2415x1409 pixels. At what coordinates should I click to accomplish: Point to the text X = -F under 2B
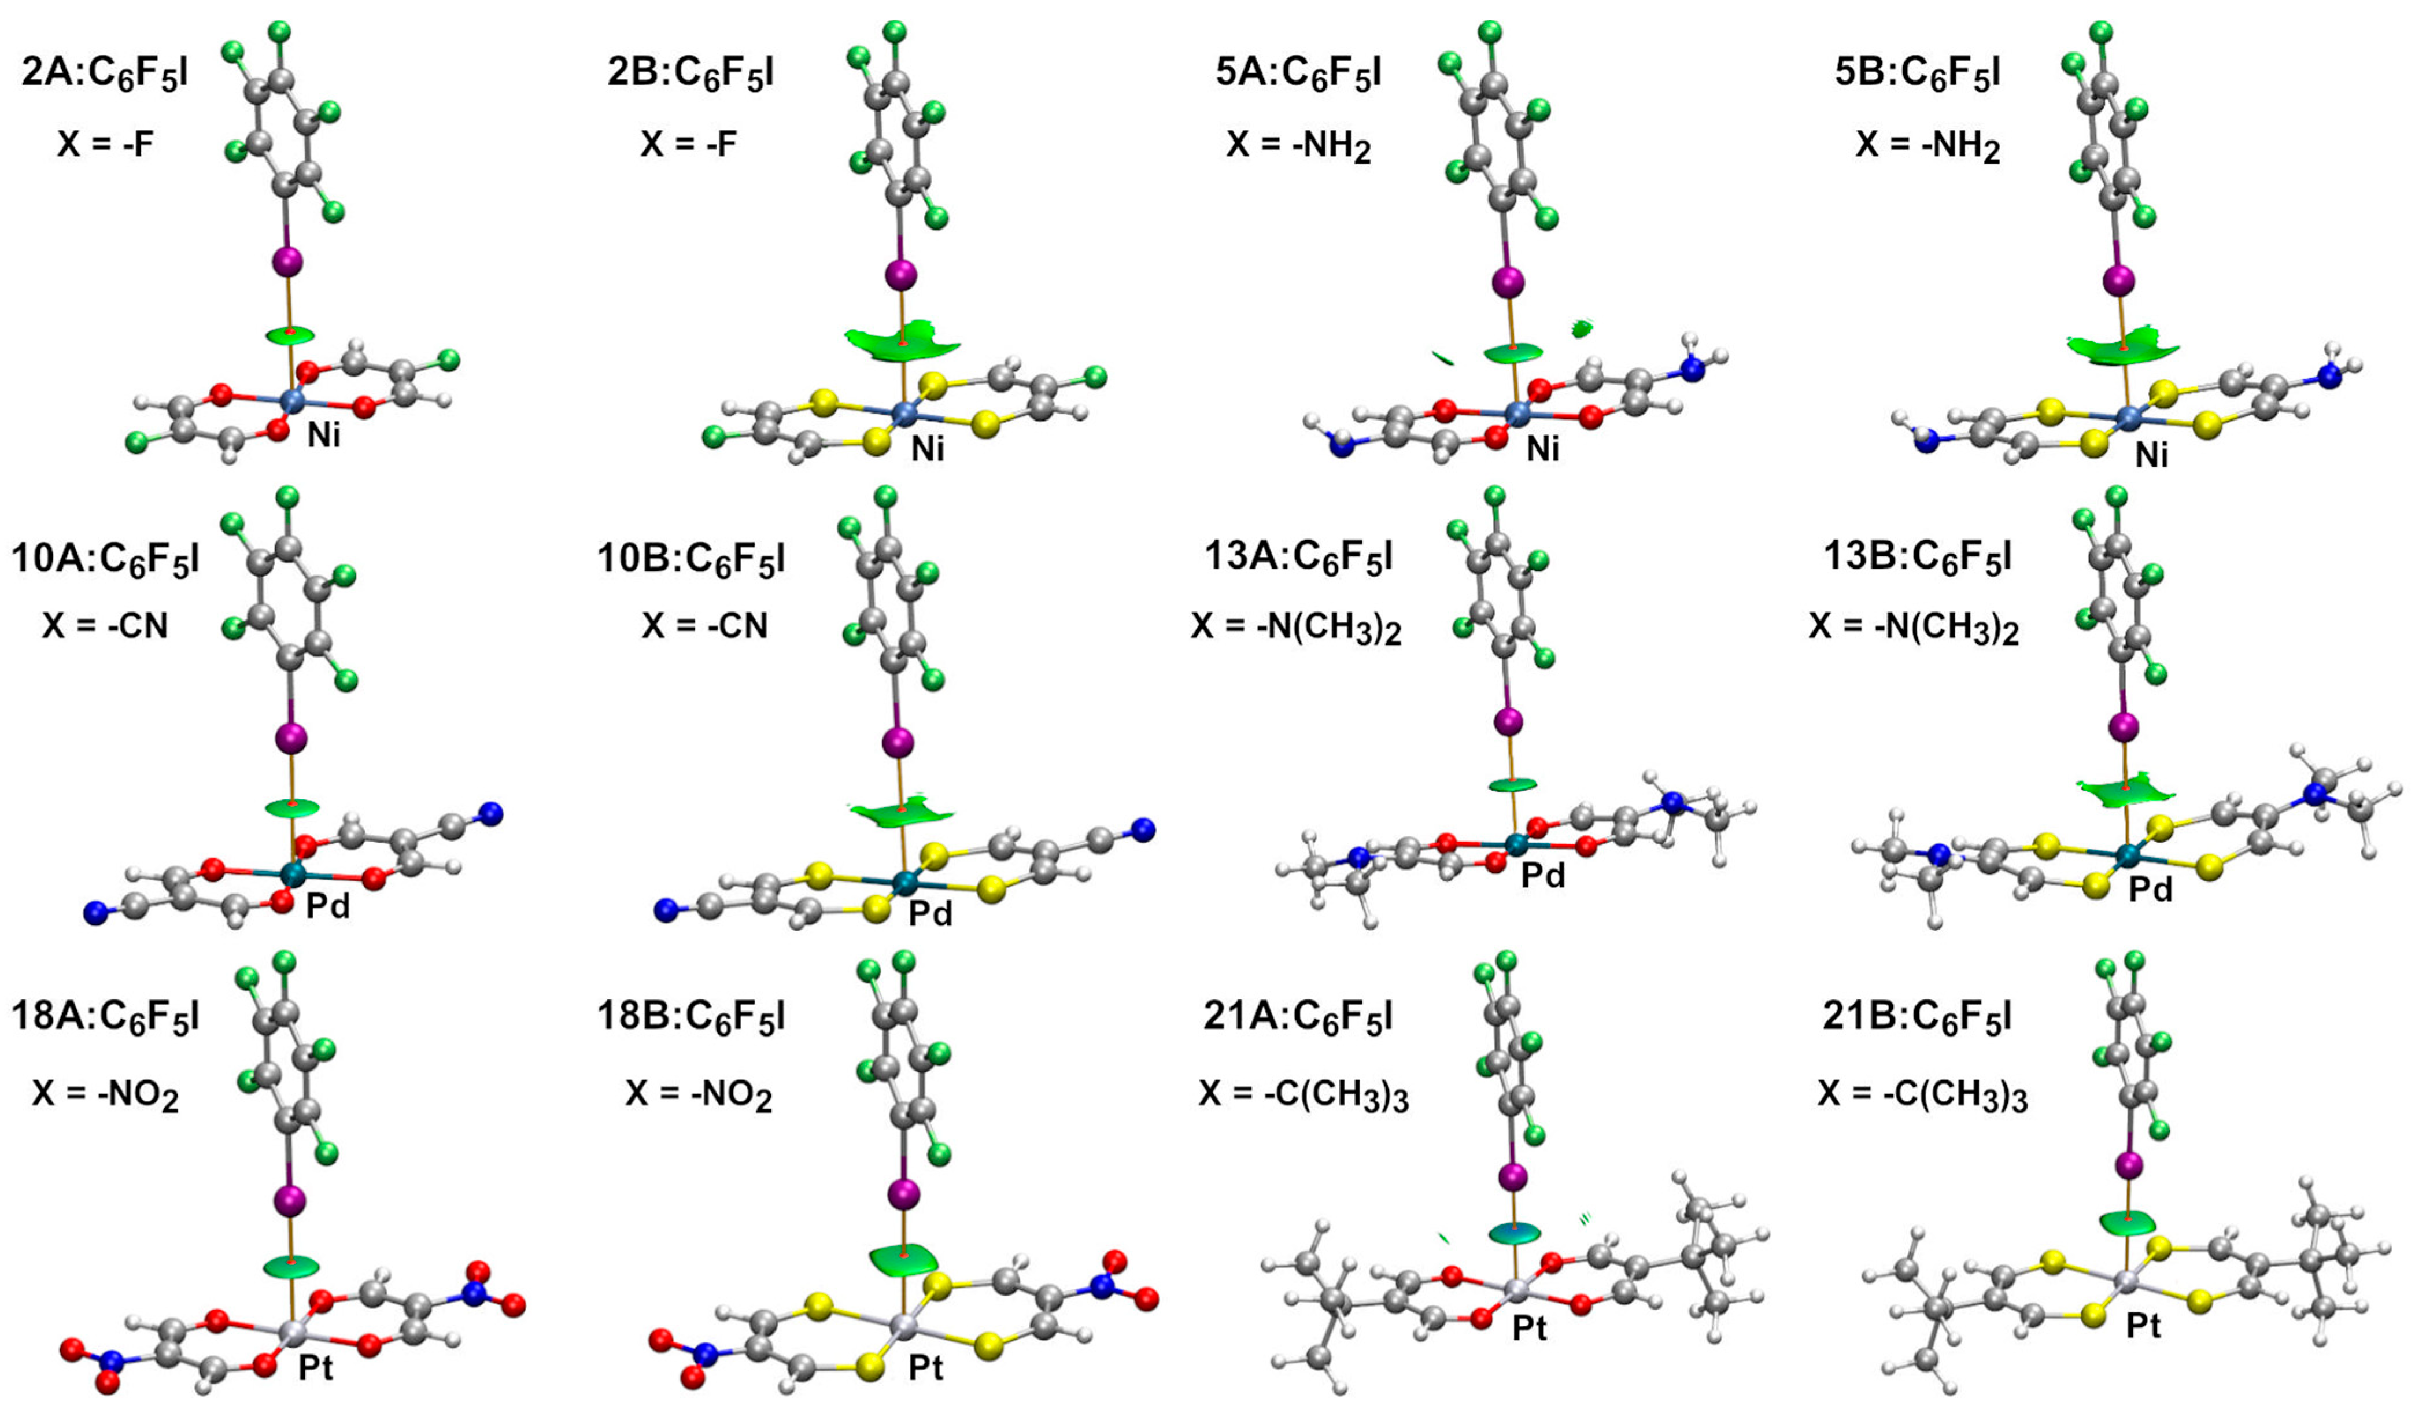click(x=689, y=144)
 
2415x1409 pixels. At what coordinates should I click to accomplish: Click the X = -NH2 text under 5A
click(x=1298, y=146)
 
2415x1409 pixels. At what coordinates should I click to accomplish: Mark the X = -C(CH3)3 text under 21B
click(x=1922, y=1094)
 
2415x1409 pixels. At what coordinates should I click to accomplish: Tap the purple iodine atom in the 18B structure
click(x=903, y=1194)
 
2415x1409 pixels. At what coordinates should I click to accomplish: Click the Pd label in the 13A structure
click(x=1543, y=875)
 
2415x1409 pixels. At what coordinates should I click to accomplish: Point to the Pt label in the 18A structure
click(x=316, y=1368)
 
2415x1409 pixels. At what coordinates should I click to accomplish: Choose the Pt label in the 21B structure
click(x=2144, y=1326)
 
